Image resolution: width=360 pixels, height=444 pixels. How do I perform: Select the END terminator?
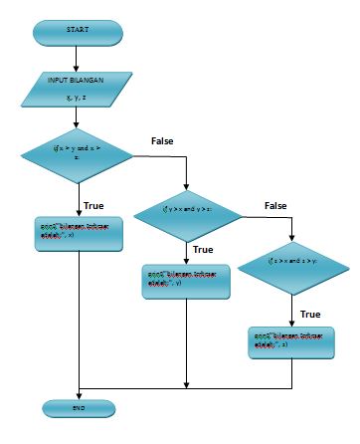tap(78, 407)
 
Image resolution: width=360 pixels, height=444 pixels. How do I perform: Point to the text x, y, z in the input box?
tap(77, 99)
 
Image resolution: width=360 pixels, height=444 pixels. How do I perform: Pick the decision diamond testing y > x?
tap(187, 210)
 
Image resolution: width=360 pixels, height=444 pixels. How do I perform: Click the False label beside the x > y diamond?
tap(162, 141)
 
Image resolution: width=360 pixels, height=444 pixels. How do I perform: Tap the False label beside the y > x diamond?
tap(275, 205)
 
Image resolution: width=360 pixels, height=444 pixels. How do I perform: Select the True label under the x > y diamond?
tap(94, 205)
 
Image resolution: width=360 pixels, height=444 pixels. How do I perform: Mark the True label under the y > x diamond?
tap(203, 250)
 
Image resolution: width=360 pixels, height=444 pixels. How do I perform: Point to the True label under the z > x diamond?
tap(310, 314)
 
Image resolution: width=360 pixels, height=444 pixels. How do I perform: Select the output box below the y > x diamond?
tap(187, 280)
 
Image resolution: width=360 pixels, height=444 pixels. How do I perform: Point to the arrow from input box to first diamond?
tap(78, 117)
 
